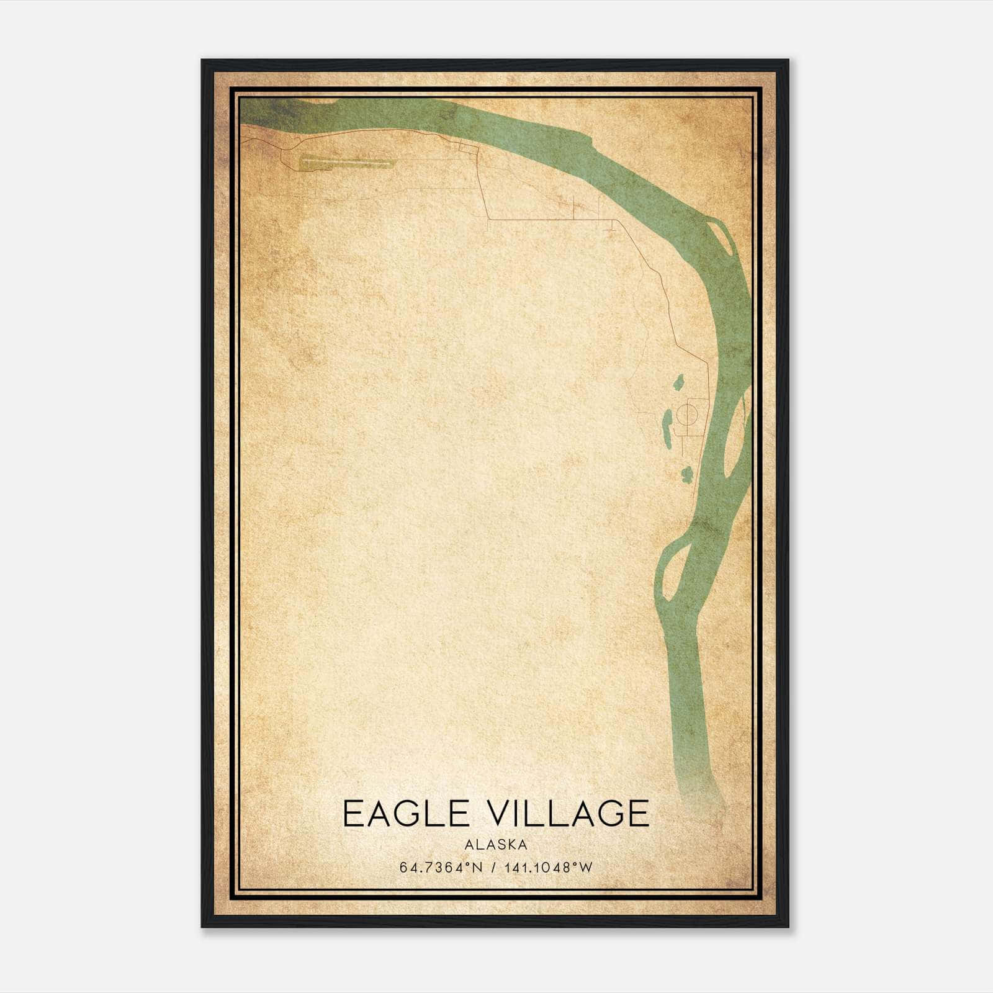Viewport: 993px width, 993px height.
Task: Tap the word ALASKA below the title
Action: [495, 845]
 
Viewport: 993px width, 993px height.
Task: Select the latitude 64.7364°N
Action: [441, 868]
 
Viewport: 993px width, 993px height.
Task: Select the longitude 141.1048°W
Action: [548, 868]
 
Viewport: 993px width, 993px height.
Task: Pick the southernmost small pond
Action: [686, 475]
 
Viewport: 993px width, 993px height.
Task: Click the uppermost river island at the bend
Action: [724, 239]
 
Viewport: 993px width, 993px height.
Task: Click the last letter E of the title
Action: [639, 814]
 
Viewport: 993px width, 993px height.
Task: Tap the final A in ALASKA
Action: [524, 845]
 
